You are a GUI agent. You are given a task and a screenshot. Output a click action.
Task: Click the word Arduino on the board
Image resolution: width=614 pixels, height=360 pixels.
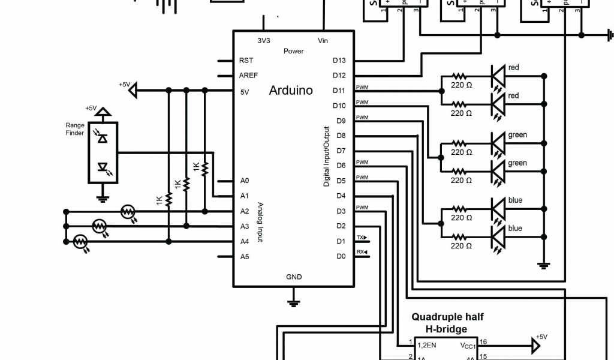291,91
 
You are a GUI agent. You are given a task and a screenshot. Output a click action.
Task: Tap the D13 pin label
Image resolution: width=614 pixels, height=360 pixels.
339,61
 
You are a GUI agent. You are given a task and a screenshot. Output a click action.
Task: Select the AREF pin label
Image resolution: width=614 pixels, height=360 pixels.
248,76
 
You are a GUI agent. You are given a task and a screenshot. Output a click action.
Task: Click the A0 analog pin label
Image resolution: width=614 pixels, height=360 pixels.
244,181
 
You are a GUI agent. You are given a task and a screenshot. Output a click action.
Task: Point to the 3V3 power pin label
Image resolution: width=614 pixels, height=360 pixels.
263,41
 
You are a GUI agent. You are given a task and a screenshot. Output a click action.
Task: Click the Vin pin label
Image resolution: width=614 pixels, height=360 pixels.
322,41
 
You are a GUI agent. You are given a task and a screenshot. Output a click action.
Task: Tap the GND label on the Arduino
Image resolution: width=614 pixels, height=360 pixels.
294,277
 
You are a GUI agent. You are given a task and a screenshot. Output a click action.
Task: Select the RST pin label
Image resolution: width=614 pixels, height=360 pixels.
246,61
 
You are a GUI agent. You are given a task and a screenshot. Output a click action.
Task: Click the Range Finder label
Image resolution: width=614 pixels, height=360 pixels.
75,129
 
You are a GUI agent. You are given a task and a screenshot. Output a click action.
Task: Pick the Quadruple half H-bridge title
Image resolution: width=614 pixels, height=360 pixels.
447,323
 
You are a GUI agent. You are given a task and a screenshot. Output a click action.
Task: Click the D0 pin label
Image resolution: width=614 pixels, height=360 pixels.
341,256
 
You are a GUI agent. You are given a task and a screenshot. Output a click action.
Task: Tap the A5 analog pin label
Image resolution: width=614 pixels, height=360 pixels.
244,257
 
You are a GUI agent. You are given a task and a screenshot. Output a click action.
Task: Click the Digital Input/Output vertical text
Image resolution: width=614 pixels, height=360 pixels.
327,156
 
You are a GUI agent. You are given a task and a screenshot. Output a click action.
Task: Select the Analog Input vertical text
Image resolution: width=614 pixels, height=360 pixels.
260,222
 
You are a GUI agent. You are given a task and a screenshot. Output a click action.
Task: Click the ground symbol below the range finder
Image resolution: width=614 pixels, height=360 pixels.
103,198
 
